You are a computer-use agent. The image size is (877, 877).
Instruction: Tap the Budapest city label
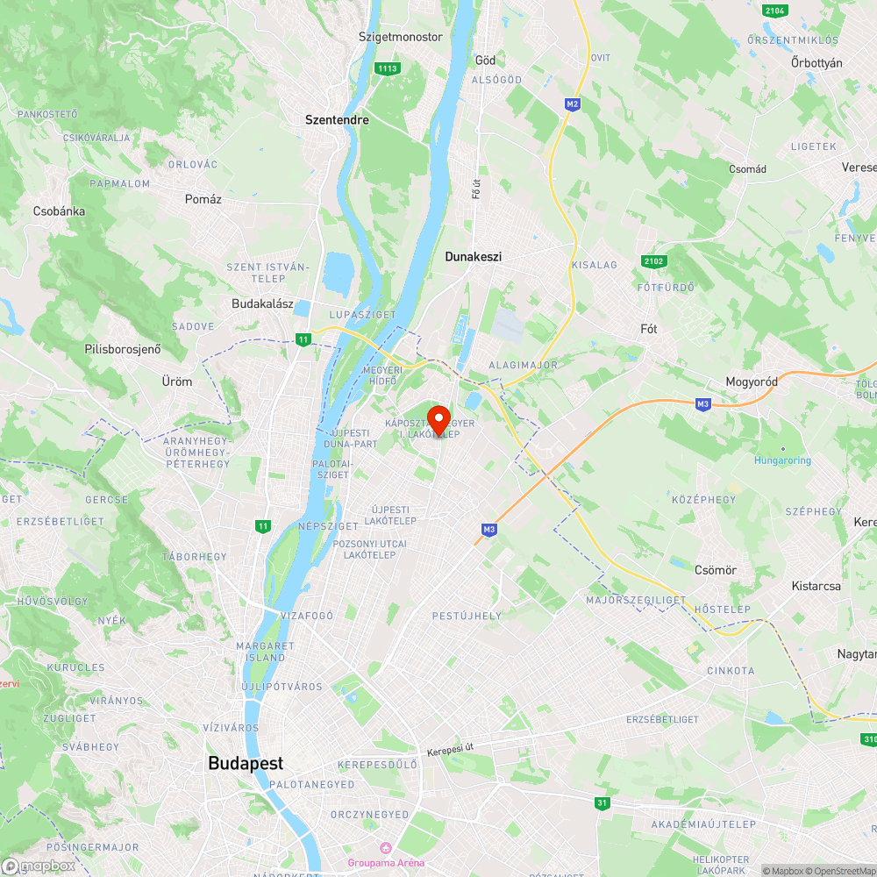point(246,763)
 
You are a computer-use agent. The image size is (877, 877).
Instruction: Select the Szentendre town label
point(337,120)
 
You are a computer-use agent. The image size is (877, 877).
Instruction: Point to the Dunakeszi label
point(473,257)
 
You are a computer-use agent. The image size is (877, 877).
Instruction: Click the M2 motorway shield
point(573,104)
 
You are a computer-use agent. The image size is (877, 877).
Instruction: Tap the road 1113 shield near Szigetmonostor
point(386,68)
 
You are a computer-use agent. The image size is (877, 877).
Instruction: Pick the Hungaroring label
point(782,460)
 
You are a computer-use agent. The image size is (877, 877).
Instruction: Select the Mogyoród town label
point(752,381)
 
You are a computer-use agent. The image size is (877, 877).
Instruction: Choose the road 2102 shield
point(654,261)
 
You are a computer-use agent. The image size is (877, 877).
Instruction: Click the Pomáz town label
point(203,199)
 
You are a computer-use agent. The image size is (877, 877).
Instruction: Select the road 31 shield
point(602,802)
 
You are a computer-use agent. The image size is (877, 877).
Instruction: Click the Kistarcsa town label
point(816,586)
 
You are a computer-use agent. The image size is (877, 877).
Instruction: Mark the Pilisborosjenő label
point(123,349)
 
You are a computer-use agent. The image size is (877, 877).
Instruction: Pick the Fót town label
point(649,329)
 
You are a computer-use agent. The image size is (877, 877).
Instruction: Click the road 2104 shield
point(774,11)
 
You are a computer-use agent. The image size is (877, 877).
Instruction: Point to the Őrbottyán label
point(816,63)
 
